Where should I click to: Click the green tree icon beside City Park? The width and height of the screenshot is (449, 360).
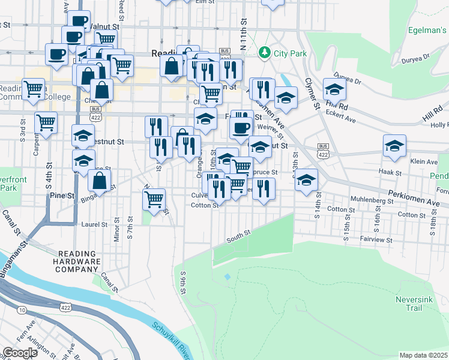[264, 53]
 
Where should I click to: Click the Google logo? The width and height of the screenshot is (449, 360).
[20, 353]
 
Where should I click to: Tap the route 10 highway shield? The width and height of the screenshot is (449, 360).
[22, 310]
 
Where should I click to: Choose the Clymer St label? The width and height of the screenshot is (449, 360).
[312, 94]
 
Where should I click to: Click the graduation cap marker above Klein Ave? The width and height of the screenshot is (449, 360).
[394, 146]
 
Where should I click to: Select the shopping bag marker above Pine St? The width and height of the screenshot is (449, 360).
[100, 181]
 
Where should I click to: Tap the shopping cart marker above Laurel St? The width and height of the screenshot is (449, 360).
[154, 199]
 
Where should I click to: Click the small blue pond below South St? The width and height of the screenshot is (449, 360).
[227, 277]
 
